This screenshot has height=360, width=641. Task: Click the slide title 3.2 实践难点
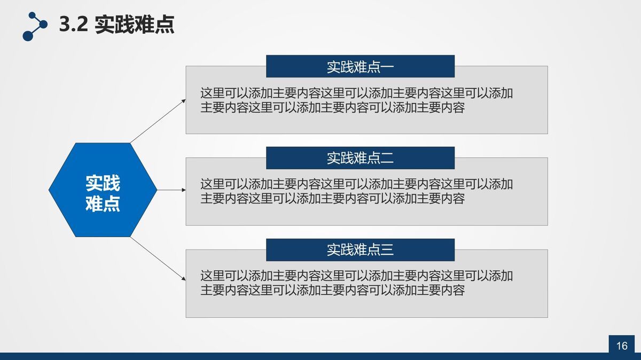click(116, 25)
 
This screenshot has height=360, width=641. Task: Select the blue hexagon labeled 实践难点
click(103, 190)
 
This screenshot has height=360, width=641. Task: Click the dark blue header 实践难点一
click(360, 66)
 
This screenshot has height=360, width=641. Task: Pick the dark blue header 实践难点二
click(360, 158)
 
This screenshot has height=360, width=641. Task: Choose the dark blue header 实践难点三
click(360, 249)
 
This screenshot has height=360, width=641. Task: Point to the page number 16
click(622, 346)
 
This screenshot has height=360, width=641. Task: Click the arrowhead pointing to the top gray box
click(184, 100)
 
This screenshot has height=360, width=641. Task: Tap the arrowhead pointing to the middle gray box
click(184, 190)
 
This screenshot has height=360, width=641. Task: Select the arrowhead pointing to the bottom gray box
click(184, 279)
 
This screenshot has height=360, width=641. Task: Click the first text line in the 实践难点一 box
click(356, 93)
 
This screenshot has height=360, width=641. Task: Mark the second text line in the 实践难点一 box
click(332, 107)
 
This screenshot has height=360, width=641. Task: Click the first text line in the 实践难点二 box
click(356, 184)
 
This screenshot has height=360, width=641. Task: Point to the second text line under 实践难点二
click(332, 199)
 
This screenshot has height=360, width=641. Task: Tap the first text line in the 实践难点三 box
click(356, 276)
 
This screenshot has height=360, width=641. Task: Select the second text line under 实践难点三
click(332, 290)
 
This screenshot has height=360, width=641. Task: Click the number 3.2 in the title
click(73, 25)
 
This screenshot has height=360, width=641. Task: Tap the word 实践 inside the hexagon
click(103, 183)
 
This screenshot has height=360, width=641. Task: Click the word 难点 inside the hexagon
click(103, 204)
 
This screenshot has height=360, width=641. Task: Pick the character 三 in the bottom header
click(387, 249)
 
